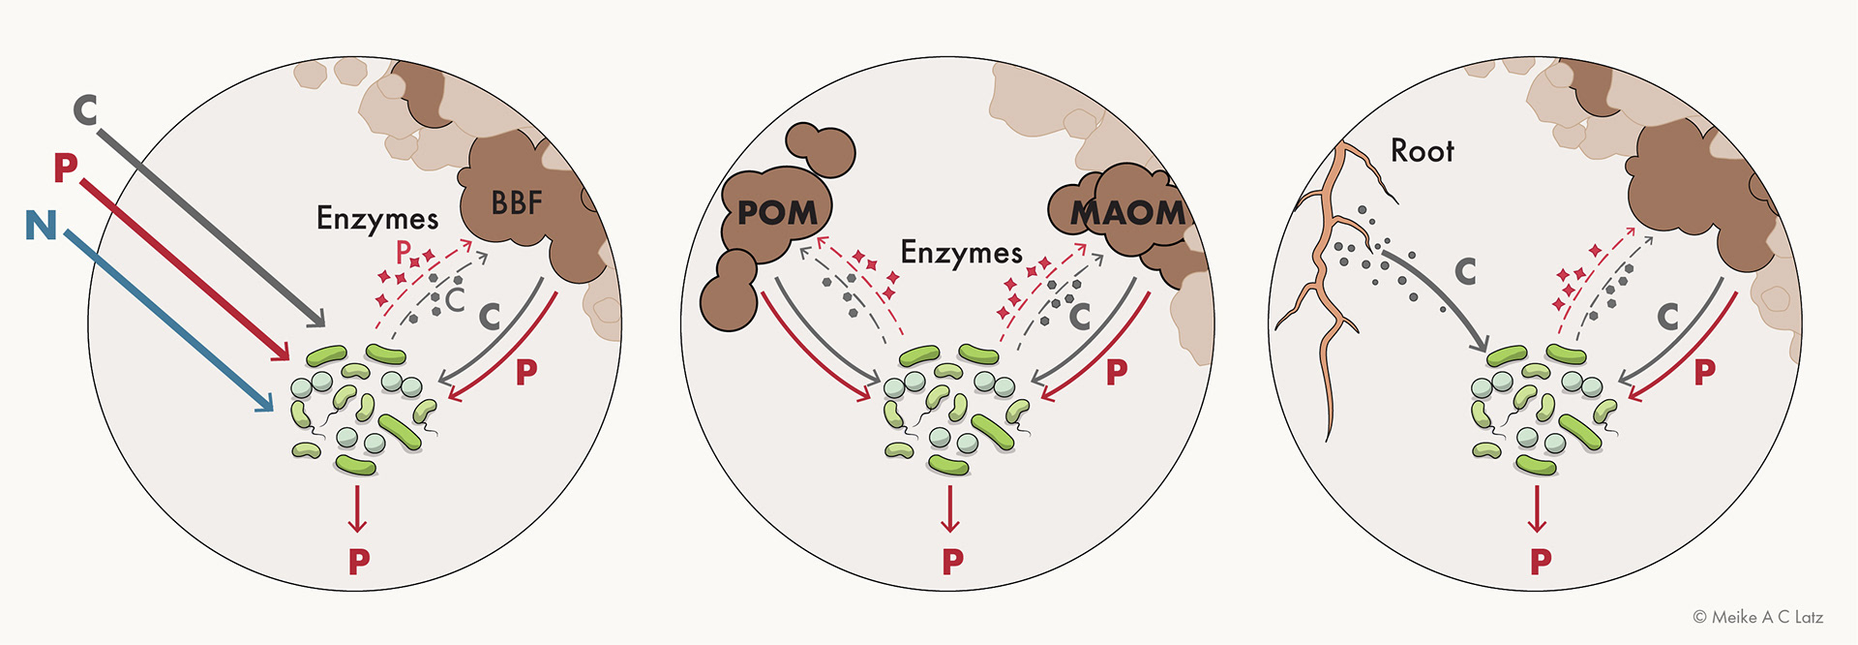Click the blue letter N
pyautogui.click(x=41, y=225)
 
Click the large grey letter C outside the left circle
pyautogui.click(x=85, y=110)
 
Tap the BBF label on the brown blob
pyautogui.click(x=516, y=203)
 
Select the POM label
pyautogui.click(x=777, y=212)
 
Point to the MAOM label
pyautogui.click(x=1127, y=212)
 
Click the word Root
pyautogui.click(x=1422, y=151)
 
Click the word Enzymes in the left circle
pyautogui.click(x=377, y=219)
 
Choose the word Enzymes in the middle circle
pyautogui.click(x=961, y=253)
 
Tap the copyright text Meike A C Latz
pyautogui.click(x=1758, y=617)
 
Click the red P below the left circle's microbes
pyautogui.click(x=359, y=561)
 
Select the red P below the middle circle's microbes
pyautogui.click(x=952, y=561)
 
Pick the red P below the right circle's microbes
pyautogui.click(x=1541, y=561)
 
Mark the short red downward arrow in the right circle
pyautogui.click(x=1537, y=508)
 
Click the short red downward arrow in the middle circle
pyautogui.click(x=950, y=508)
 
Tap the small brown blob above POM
pyautogui.click(x=820, y=150)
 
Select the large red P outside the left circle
pyautogui.click(x=65, y=168)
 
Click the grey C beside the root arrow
pyautogui.click(x=1465, y=272)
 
